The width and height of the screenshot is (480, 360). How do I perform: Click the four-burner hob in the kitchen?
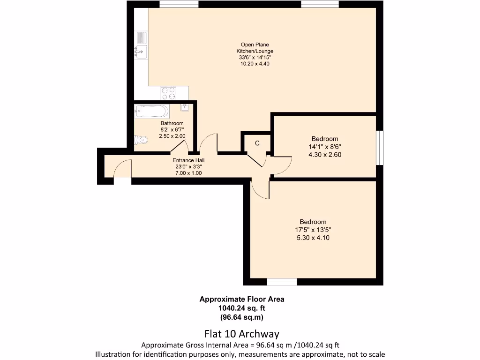click(x=168, y=93)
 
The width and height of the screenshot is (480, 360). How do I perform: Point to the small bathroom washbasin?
click(x=185, y=107)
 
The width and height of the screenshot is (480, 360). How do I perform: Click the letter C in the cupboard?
click(x=257, y=143)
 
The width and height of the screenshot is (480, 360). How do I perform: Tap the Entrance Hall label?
click(x=188, y=160)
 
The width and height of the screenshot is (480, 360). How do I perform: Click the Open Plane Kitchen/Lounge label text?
click(x=255, y=48)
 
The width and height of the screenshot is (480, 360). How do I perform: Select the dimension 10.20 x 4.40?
click(x=255, y=63)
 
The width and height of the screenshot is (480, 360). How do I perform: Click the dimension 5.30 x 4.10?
click(x=313, y=238)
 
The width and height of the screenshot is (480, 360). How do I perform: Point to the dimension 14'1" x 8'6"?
click(x=325, y=146)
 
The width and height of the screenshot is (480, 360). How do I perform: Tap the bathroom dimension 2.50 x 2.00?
click(x=172, y=136)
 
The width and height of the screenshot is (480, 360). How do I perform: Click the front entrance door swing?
click(x=123, y=169)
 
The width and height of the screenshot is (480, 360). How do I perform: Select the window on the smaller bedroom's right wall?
click(x=380, y=147)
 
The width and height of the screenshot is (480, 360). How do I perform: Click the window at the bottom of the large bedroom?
click(x=282, y=282)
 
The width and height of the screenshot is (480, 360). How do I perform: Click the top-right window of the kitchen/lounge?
click(x=320, y=4)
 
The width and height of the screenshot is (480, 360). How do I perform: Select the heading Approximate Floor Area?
click(x=242, y=299)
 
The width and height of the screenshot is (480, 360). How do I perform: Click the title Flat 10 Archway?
click(x=242, y=334)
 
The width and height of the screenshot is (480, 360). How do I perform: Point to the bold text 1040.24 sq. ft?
click(x=242, y=308)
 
